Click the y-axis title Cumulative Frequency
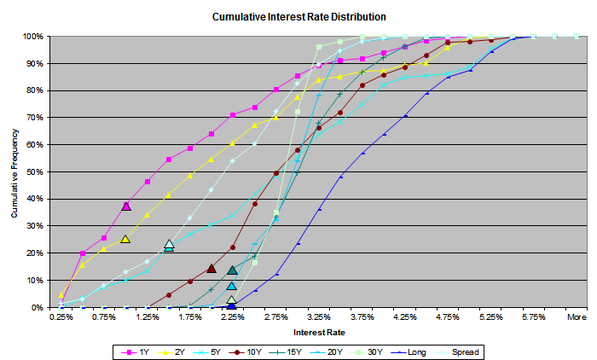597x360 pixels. [14, 172]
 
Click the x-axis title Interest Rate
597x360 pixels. [318, 331]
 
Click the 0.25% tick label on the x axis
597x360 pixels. [61, 316]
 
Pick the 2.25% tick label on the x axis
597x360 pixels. [233, 316]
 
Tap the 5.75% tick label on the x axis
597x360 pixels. [534, 316]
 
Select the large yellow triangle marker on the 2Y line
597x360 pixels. [125, 239]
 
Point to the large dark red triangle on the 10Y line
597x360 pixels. [212, 269]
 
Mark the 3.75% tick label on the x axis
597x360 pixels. [362, 316]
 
